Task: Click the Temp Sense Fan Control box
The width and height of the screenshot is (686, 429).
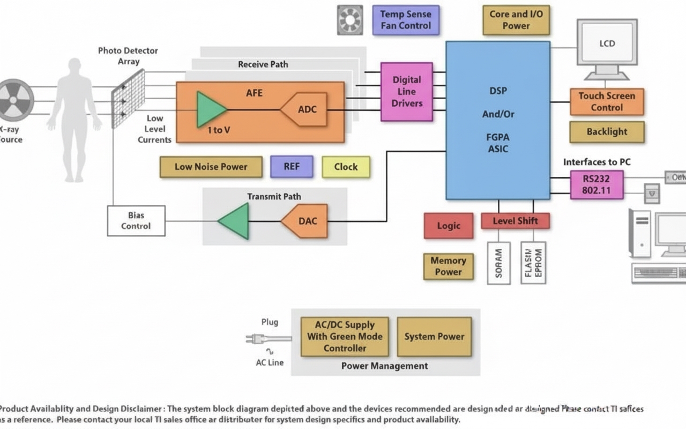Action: coord(406,20)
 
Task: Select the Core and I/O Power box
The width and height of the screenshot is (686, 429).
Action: coord(516,20)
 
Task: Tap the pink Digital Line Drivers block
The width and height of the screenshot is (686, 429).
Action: coord(407,92)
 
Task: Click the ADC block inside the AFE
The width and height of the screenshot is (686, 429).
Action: coord(304,109)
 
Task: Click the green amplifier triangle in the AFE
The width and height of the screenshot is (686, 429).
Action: coord(210,109)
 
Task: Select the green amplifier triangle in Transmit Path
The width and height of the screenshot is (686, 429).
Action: coord(235,221)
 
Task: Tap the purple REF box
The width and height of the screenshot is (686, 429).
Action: coord(292,167)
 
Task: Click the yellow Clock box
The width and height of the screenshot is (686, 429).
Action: coord(346,167)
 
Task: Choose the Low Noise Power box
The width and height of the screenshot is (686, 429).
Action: coord(211,167)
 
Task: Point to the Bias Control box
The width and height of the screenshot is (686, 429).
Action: coord(136,221)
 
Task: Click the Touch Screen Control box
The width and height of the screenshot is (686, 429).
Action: coord(606,102)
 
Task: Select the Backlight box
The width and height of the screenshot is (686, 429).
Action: coord(607,132)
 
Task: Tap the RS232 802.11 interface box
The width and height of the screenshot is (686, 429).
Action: coord(596,184)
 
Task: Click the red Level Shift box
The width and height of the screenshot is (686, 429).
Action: coord(516,221)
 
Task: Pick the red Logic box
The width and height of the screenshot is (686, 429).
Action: coord(449,226)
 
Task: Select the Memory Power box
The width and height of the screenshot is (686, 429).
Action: coord(448,267)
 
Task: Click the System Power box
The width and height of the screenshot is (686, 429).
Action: coord(434,337)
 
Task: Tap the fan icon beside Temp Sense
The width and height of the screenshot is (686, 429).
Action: coord(350,20)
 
